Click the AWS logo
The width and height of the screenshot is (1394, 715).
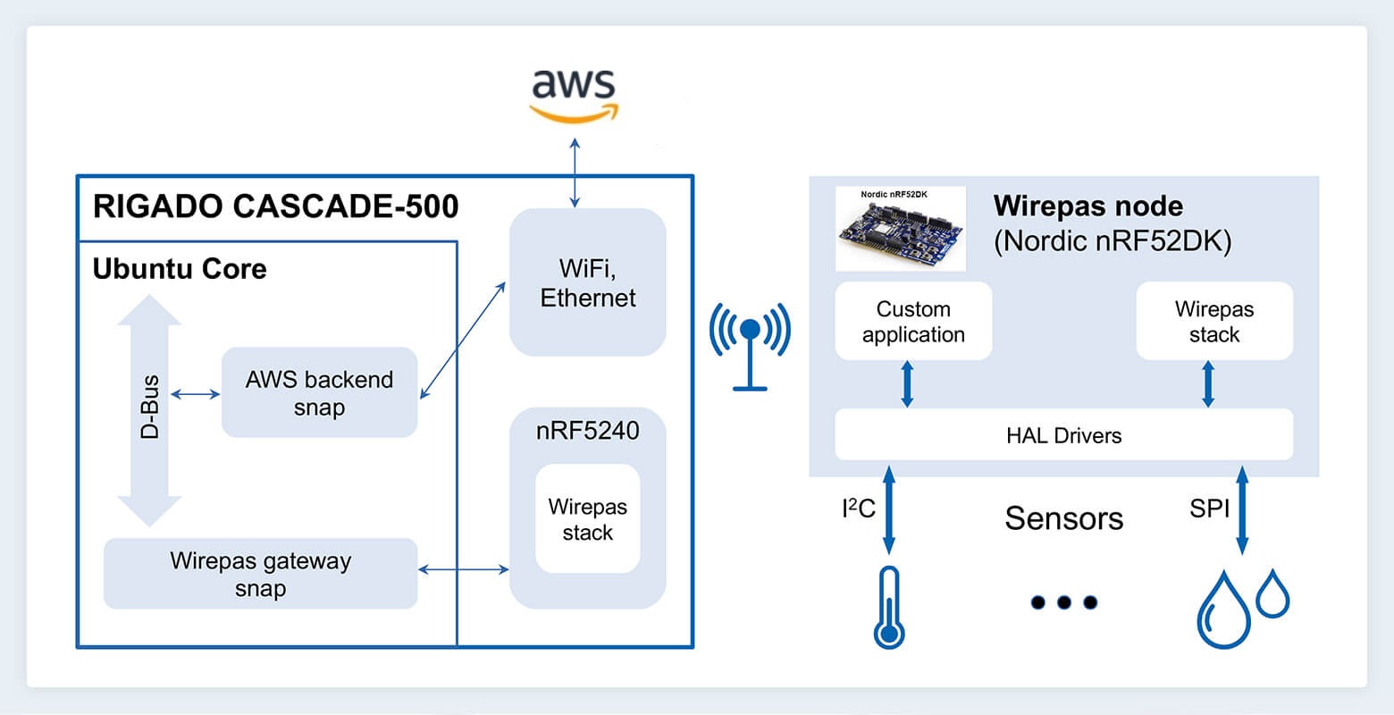click(x=573, y=93)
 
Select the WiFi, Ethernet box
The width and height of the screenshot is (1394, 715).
click(x=587, y=282)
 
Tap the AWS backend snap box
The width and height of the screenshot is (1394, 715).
click(x=319, y=392)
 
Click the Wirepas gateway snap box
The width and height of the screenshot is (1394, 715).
click(x=260, y=574)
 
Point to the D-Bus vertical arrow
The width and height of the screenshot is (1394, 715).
click(x=149, y=410)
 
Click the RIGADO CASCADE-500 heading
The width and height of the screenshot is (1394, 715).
click(x=275, y=206)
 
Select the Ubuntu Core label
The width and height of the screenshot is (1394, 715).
click(x=180, y=268)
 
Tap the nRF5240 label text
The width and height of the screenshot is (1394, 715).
click(x=587, y=431)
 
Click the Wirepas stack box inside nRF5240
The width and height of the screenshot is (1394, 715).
click(x=587, y=519)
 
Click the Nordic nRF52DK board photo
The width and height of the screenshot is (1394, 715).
click(x=900, y=229)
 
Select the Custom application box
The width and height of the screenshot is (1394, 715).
click(x=913, y=322)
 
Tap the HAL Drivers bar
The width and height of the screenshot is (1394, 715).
click(x=1063, y=435)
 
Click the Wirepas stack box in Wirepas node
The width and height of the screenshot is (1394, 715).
click(x=1213, y=322)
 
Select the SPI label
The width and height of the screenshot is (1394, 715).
click(x=1209, y=509)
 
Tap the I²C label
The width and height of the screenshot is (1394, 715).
click(x=858, y=509)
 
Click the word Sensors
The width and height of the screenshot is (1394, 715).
click(x=1063, y=518)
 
